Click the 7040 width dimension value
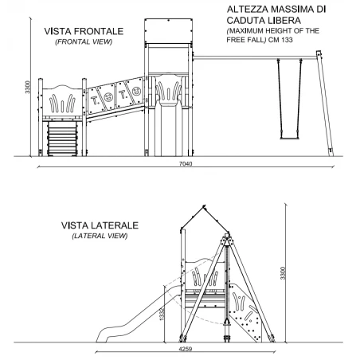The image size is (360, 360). pos(186,163)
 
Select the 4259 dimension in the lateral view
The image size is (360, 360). pos(185,349)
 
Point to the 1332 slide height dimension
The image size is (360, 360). pos(162,314)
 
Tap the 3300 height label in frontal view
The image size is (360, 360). pos(27,87)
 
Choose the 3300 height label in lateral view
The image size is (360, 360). pos(283,273)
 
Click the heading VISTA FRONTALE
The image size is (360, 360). pos(84,31)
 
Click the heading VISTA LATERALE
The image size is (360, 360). pos(100,225)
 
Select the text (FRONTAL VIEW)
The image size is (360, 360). pos(84,42)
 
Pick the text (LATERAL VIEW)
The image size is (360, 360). pos(100,236)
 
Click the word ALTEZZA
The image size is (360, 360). pos(248,10)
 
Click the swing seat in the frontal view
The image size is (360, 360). pos(289,138)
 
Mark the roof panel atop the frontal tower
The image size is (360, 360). pos(168,31)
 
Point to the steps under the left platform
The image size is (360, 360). pos(62,139)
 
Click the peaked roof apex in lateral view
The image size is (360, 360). pos(204,206)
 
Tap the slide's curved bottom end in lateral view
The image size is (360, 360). pos(102,336)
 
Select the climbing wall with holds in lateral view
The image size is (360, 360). pos(245,312)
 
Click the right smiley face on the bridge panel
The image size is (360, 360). pos(136,91)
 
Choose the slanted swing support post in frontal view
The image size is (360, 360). pos(325,104)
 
